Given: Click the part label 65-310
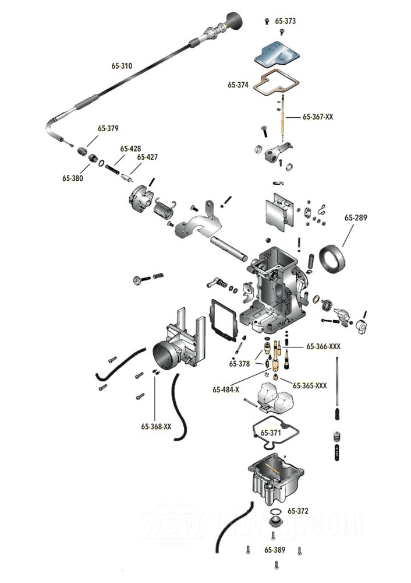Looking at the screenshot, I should (122, 66).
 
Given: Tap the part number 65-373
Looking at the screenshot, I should (285, 21).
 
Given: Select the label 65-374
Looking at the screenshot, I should (238, 85).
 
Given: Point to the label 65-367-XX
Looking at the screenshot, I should (318, 117).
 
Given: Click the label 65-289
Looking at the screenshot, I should (356, 218).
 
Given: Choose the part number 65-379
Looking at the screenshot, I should (108, 129).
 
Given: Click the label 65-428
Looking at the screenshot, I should (130, 149).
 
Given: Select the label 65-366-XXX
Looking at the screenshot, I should (323, 346).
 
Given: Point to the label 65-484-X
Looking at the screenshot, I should (226, 389).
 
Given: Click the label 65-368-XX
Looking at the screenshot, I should (156, 426).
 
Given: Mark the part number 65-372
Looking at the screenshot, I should (297, 511).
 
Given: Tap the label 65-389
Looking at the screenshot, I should (274, 550).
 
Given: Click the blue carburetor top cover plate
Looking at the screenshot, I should (276, 55).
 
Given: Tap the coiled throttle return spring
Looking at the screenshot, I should (164, 208).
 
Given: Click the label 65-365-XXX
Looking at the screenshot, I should (310, 386).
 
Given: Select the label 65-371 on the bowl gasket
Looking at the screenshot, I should (271, 433).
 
